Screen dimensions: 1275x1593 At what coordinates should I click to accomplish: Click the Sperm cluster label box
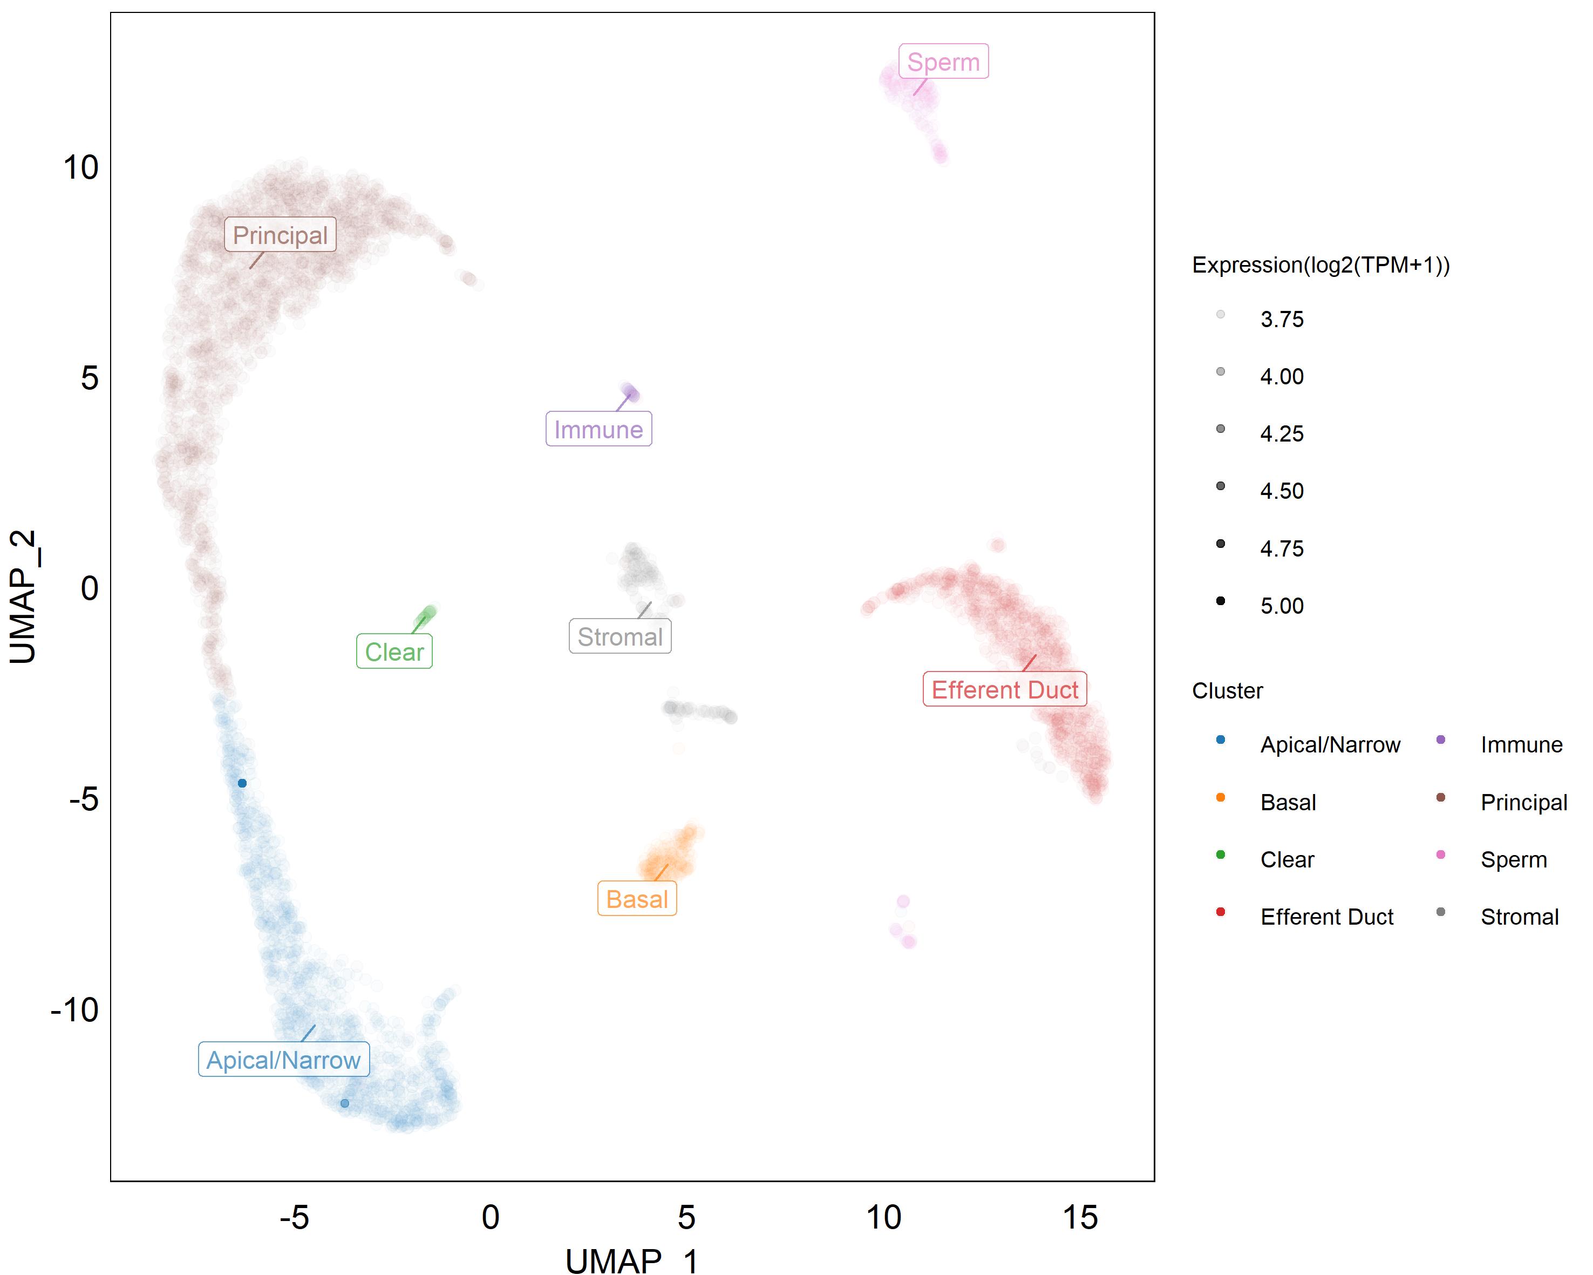click(943, 62)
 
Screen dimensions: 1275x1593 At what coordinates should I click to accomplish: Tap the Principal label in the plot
click(280, 234)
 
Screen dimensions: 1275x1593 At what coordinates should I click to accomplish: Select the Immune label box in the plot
click(598, 429)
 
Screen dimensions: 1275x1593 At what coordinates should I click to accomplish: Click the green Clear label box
click(394, 651)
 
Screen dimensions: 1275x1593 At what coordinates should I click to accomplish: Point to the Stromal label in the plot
click(620, 636)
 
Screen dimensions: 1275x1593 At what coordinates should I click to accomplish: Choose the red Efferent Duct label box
click(1004, 689)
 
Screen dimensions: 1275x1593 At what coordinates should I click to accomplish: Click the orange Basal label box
click(637, 898)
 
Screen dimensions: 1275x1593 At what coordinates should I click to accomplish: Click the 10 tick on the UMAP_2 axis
click(80, 168)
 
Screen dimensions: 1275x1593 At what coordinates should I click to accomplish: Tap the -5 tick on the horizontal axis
click(294, 1216)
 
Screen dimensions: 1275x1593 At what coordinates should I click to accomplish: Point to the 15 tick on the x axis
click(1079, 1216)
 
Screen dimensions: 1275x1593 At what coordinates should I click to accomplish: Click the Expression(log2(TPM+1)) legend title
click(1320, 265)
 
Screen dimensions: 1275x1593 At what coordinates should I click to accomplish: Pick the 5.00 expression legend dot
click(1221, 601)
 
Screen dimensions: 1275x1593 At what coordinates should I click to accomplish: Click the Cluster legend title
click(1227, 690)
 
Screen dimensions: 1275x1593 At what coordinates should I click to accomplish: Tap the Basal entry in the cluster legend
click(1288, 802)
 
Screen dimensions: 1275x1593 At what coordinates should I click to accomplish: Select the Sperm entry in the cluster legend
click(1513, 859)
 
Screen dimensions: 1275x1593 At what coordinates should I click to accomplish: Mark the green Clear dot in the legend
click(1221, 854)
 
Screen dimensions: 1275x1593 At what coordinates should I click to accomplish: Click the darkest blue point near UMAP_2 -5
click(242, 783)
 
